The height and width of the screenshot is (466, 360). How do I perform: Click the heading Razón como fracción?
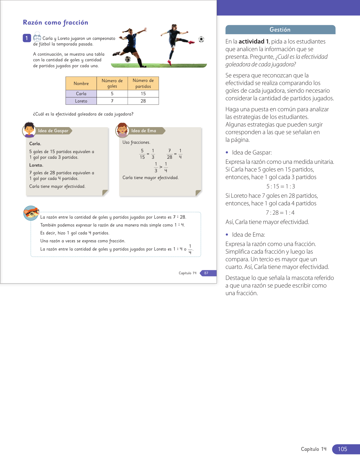(x=55, y=23)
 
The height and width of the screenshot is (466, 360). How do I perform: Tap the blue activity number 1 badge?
(x=27, y=38)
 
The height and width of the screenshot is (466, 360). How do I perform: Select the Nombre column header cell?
(x=81, y=84)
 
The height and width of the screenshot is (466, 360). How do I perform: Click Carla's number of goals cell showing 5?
(x=112, y=94)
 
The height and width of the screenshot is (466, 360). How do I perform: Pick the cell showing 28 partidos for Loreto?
(x=143, y=101)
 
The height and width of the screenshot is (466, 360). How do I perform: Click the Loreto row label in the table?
(x=81, y=101)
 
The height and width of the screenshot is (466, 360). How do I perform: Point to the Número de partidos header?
(x=143, y=84)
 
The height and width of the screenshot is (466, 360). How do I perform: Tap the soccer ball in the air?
(x=201, y=39)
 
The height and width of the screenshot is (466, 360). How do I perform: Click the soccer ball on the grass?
(x=128, y=59)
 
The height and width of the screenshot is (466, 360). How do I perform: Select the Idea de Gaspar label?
(x=53, y=131)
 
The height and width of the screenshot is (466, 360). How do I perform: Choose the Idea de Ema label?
(x=144, y=131)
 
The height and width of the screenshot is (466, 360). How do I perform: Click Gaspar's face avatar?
(x=29, y=129)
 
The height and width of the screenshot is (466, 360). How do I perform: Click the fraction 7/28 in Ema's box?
(x=169, y=154)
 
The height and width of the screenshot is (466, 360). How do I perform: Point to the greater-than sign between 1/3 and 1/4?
(x=161, y=167)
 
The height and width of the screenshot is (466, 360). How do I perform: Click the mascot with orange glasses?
(x=31, y=213)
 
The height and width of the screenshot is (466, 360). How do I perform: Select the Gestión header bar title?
(x=280, y=30)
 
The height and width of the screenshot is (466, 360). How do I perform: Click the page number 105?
(x=342, y=449)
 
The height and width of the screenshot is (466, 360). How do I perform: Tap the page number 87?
(x=206, y=273)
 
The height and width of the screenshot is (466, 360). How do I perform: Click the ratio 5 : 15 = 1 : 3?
(x=281, y=186)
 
